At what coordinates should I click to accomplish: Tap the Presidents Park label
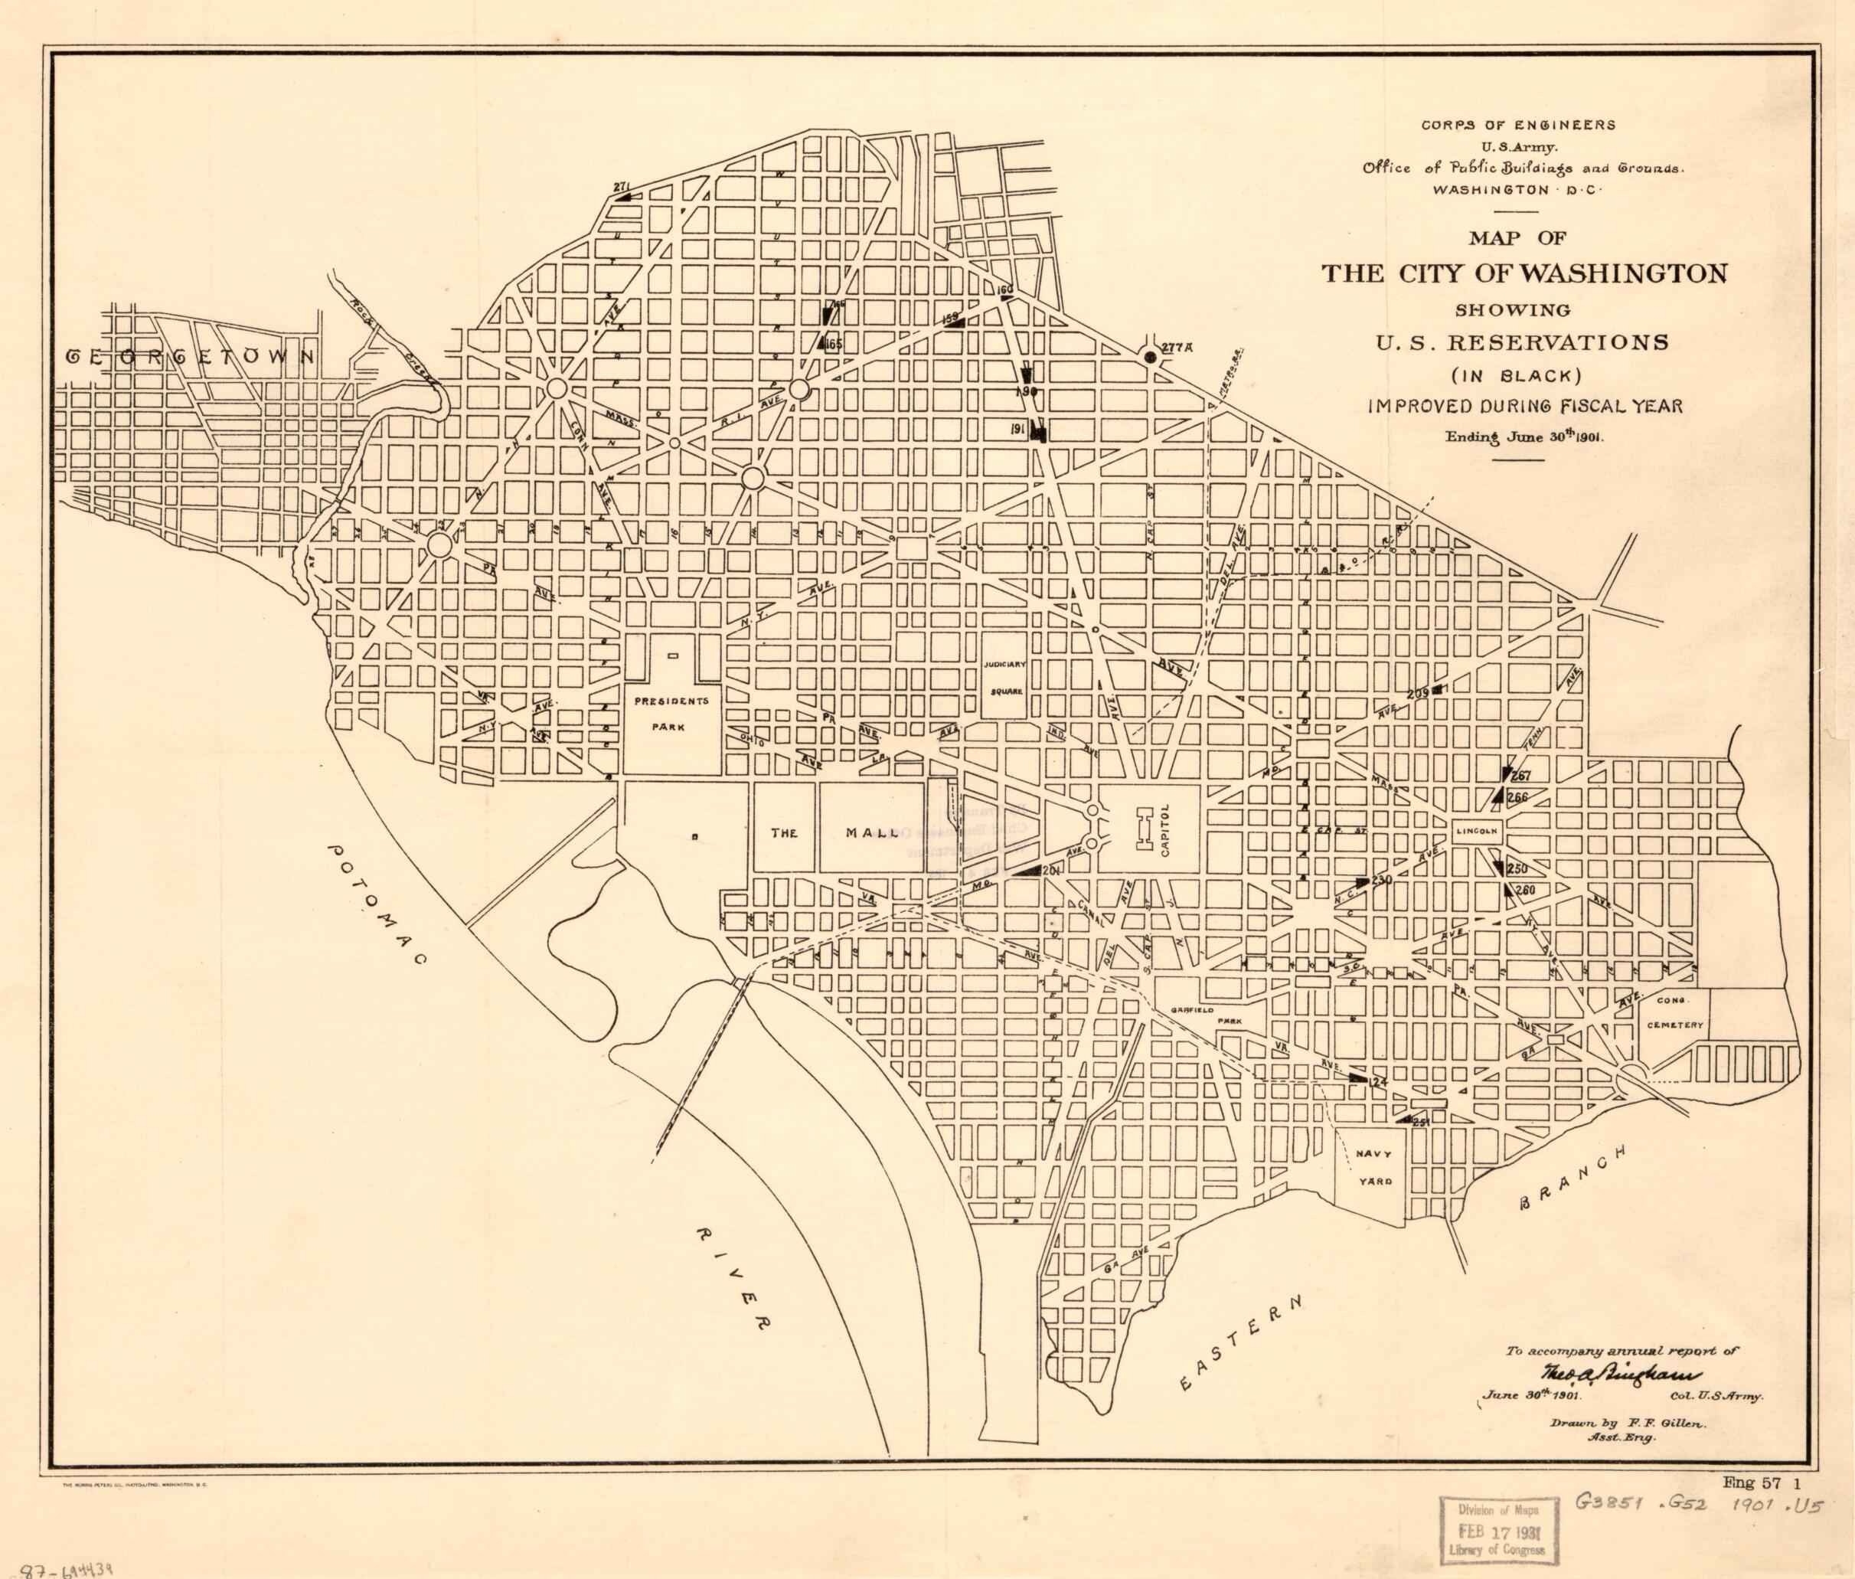672,714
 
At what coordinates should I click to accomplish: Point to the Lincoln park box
1475,832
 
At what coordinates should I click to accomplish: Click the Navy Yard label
1370,1168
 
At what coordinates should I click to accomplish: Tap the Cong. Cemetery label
1674,1016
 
